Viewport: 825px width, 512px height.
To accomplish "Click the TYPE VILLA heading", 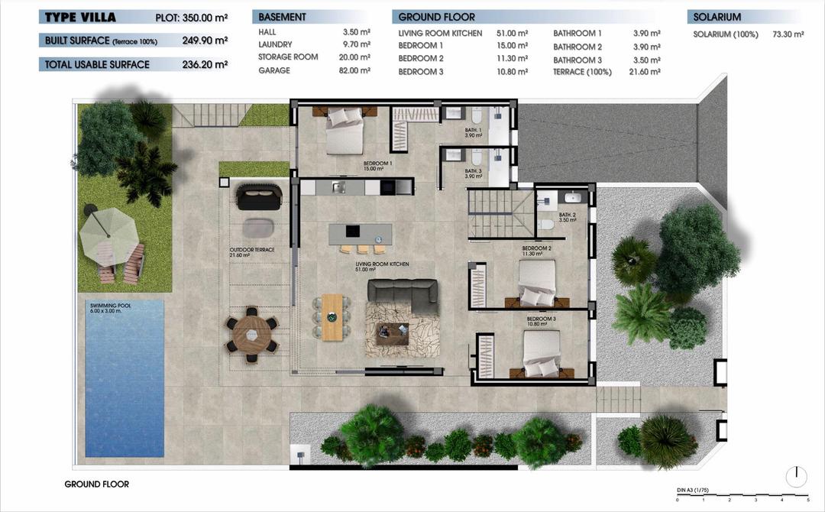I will pyautogui.click(x=80, y=17).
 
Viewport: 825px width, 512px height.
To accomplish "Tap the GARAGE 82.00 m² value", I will pyautogui.click(x=356, y=70).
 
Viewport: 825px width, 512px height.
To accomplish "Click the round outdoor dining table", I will pyautogui.click(x=251, y=333).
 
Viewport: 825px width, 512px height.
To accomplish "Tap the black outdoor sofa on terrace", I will pyautogui.click(x=260, y=197).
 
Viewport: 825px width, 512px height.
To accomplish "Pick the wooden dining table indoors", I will pyautogui.click(x=332, y=316).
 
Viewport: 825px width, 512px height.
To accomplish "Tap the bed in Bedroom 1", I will pyautogui.click(x=345, y=131).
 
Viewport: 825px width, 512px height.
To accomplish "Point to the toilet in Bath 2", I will pyautogui.click(x=546, y=225).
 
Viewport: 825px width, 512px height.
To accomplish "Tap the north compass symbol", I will pyautogui.click(x=796, y=477).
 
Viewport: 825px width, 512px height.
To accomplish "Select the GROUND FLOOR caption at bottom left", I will pyautogui.click(x=96, y=484).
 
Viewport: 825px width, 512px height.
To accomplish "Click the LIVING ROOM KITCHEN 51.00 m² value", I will pyautogui.click(x=513, y=34).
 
